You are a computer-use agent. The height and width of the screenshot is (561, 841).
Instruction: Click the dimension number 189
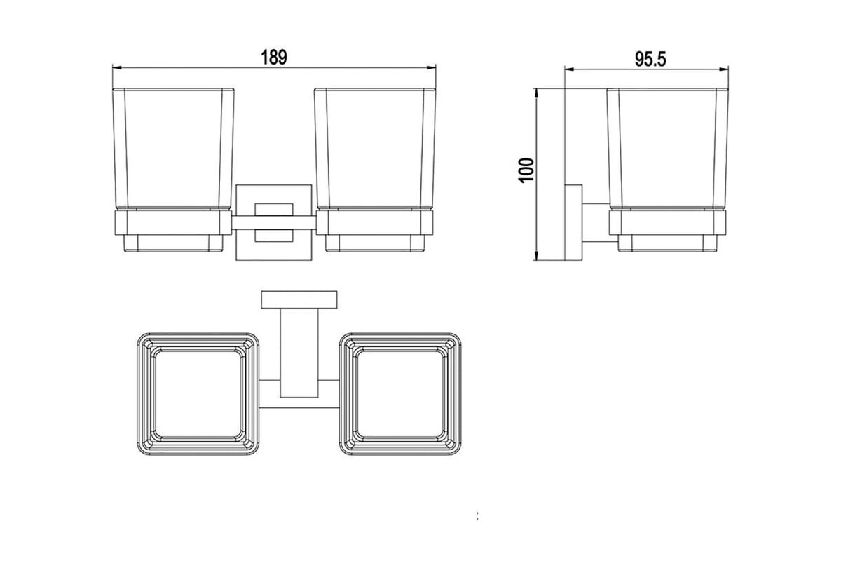coord(274,58)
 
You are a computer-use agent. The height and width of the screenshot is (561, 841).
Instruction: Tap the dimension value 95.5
coord(650,59)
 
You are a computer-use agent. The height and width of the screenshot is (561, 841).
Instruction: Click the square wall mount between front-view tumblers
coord(274,223)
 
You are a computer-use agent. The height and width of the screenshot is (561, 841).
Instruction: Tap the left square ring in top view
coord(196,394)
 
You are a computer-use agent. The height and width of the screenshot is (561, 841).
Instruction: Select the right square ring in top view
coord(400,394)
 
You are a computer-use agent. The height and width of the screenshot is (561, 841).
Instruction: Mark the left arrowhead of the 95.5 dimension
coord(568,69)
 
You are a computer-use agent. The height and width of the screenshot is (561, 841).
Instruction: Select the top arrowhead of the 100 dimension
coord(536,92)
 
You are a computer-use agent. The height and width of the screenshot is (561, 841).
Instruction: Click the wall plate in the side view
coord(573,223)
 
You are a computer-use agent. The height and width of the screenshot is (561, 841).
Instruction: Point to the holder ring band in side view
coord(667,222)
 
